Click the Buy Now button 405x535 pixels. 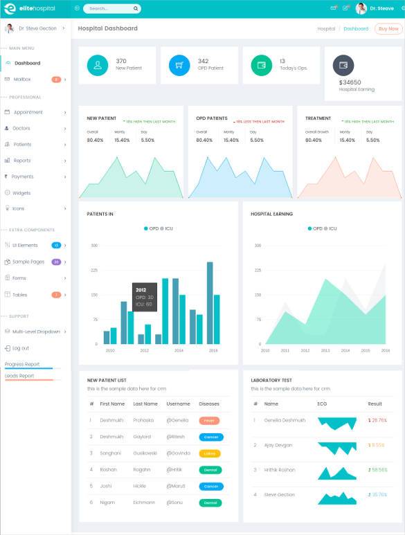pos(388,28)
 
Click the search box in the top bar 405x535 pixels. pos(111,9)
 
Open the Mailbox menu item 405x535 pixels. pos(22,80)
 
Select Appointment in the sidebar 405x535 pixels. pos(28,112)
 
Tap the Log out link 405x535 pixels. pos(20,348)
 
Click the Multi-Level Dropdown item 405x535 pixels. pos(36,332)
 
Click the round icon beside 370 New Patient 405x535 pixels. pos(98,65)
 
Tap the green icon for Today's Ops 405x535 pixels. pos(262,65)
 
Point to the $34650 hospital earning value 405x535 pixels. pos(350,82)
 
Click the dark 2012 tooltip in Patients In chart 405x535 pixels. pos(145,297)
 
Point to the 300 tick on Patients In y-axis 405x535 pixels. pos(94,245)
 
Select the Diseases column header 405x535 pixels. pos(209,403)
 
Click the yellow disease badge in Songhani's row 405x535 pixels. pos(210,453)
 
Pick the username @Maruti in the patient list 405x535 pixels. pos(177,486)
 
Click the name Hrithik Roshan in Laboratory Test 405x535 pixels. pos(280,470)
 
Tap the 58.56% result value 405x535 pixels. pos(377,470)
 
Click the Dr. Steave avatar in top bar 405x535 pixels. pos(361,8)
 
